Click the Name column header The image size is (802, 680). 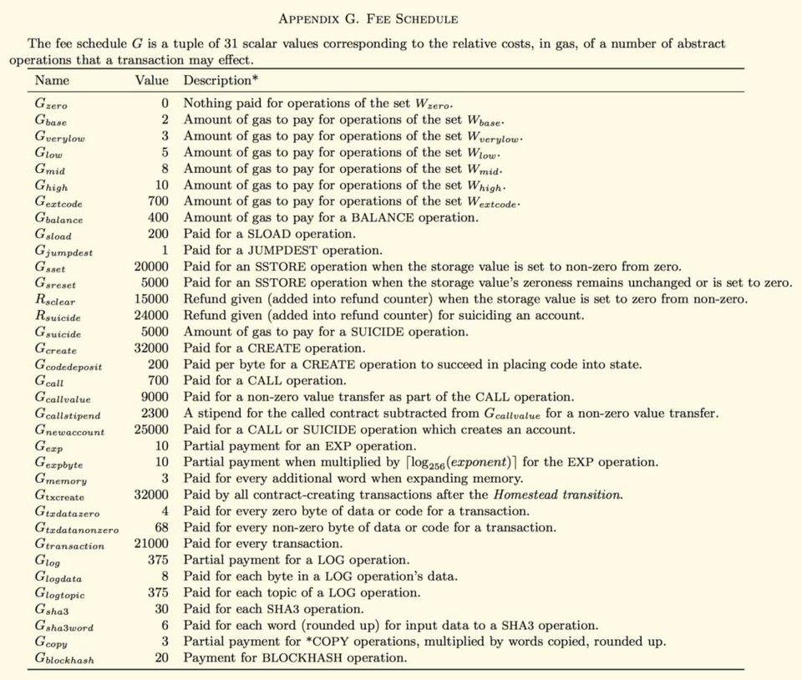[x=52, y=81]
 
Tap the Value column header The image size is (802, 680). [x=152, y=81]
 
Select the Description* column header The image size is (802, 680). [x=221, y=81]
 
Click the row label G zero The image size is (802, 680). [x=51, y=104]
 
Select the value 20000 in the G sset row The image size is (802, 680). [x=151, y=266]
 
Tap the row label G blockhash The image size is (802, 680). [x=64, y=659]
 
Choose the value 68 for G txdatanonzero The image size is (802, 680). [x=160, y=528]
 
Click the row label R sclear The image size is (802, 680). [x=55, y=300]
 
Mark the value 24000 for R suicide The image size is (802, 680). [x=151, y=316]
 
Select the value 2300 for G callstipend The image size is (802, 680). [x=155, y=414]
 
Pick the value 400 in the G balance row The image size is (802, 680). [x=157, y=218]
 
